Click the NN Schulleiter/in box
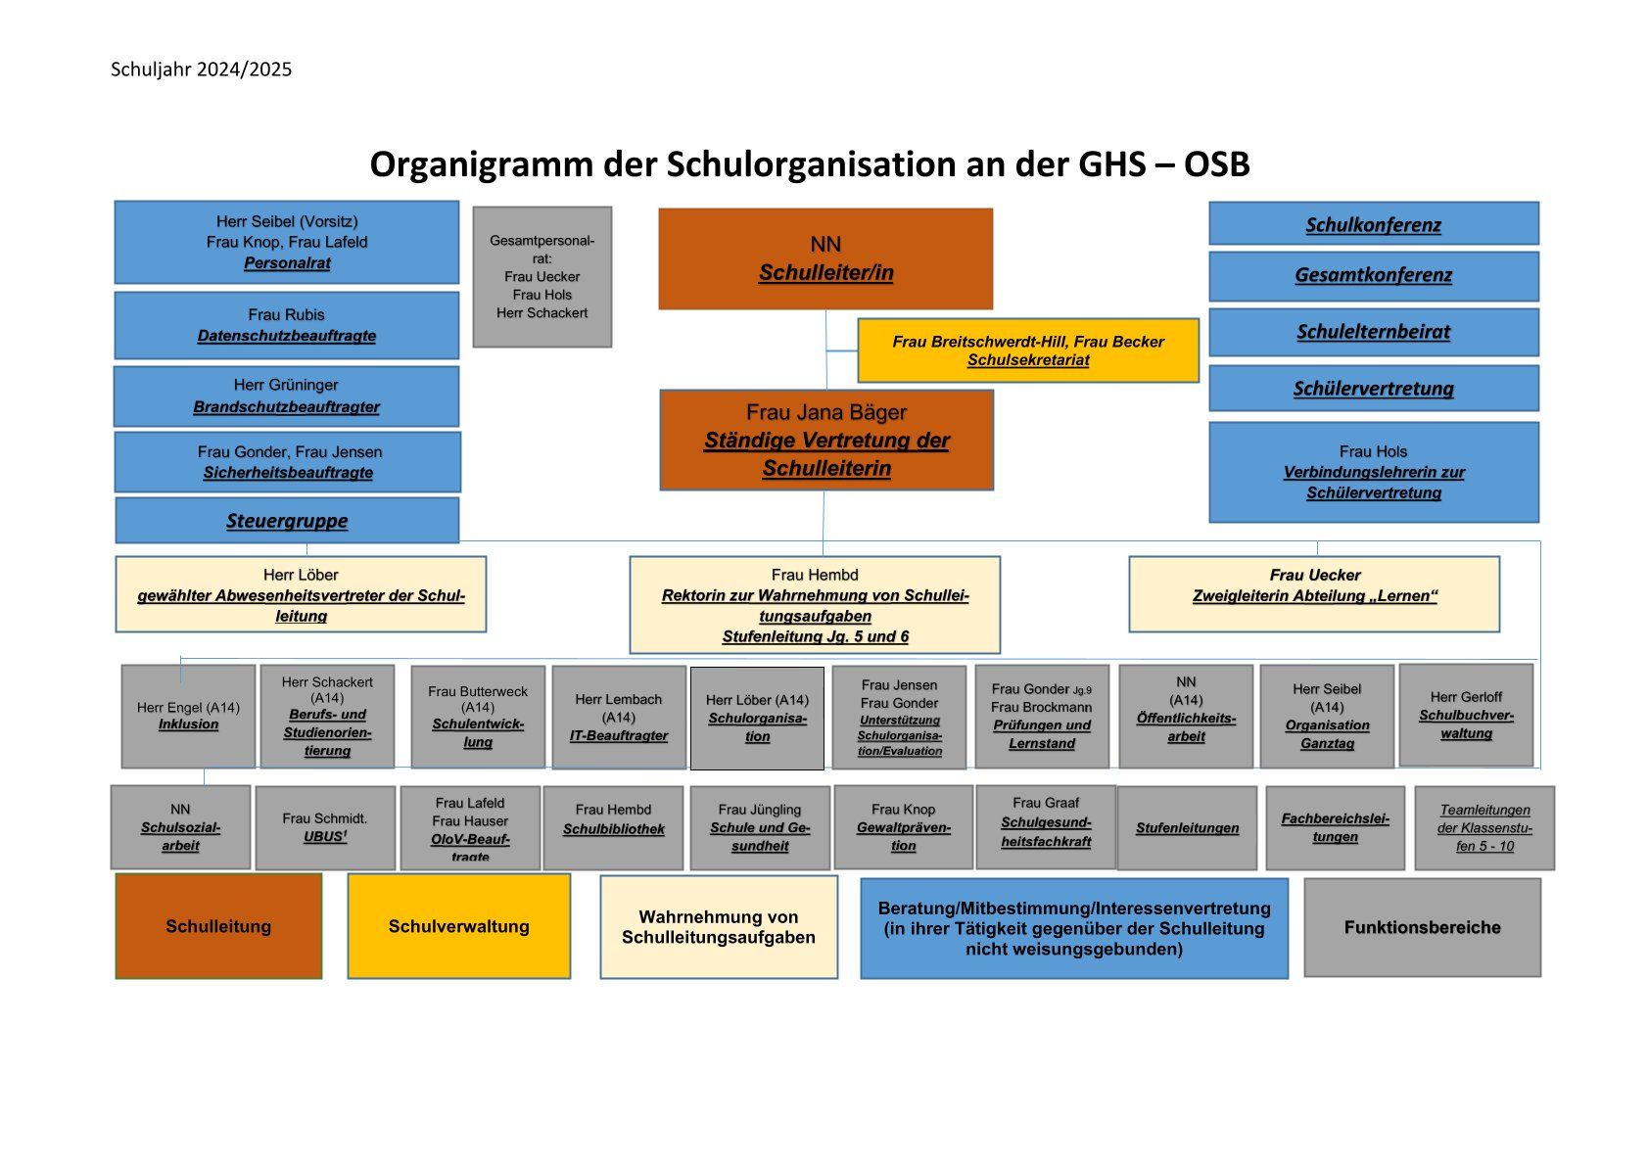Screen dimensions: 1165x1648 pos(825,258)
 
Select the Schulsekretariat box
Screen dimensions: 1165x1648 pos(1028,350)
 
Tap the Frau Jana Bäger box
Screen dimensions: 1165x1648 pos(826,440)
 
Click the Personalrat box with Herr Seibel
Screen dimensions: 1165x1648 pos(287,242)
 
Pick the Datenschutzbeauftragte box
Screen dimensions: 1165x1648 pos(287,325)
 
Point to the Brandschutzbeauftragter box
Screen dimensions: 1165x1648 pos(287,396)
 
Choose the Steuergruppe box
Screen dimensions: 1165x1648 pos(287,521)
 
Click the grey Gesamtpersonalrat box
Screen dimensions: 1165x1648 pos(542,277)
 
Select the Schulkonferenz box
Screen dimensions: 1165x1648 pos(1373,224)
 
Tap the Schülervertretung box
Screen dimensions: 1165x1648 pos(1373,389)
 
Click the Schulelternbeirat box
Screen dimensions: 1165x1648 pos(1373,332)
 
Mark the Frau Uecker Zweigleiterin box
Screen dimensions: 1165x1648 pos(1314,594)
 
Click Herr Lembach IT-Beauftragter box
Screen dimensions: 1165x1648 pos(619,718)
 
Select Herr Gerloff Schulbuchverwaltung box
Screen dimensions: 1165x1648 pos(1466,715)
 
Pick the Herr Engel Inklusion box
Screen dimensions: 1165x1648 pos(188,717)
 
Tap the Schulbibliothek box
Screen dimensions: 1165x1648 pos(613,827)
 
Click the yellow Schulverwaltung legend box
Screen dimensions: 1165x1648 pos(459,926)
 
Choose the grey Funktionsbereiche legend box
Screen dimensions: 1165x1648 pos(1422,927)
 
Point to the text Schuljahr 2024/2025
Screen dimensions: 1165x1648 pos(201,70)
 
